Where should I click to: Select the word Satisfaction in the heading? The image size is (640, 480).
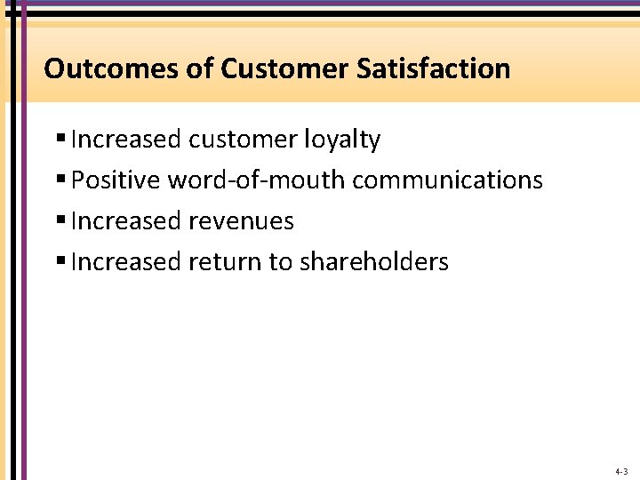(x=434, y=68)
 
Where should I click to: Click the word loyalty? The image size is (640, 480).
(x=342, y=140)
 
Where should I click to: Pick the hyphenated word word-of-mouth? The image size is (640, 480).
(x=257, y=180)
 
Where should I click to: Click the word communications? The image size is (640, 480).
(x=447, y=180)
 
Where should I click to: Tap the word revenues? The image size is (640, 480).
(x=242, y=220)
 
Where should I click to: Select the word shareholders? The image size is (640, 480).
(x=374, y=261)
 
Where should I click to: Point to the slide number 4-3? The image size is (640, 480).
(x=620, y=471)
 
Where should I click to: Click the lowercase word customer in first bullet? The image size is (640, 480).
(x=243, y=140)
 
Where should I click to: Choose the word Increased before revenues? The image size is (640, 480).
(x=126, y=220)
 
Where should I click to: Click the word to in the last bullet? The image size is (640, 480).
(x=283, y=261)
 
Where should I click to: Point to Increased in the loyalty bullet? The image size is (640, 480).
(x=126, y=140)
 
